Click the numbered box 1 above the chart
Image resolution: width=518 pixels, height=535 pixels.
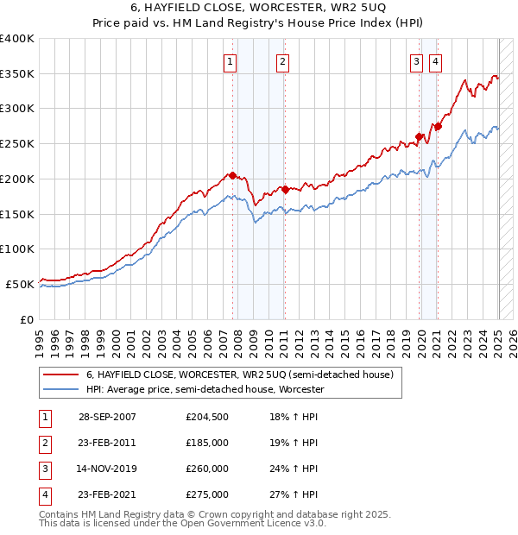pyautogui.click(x=231, y=61)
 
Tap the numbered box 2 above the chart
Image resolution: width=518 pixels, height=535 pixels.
pyautogui.click(x=283, y=61)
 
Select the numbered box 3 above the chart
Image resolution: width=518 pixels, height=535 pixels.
pyautogui.click(x=416, y=61)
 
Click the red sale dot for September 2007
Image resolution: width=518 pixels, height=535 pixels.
pyautogui.click(x=232, y=175)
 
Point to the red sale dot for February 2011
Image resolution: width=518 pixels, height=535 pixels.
pyautogui.click(x=285, y=189)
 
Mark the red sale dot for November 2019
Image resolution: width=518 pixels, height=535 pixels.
pyautogui.click(x=419, y=136)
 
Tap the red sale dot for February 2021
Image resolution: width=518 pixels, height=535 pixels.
pyautogui.click(x=438, y=126)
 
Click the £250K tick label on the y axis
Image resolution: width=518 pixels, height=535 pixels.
pyautogui.click(x=17, y=143)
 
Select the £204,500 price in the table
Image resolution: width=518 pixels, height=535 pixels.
pyautogui.click(x=207, y=417)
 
